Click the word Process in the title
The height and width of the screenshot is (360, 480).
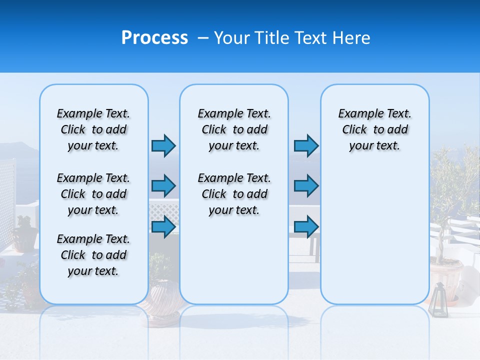pyautogui.click(x=154, y=38)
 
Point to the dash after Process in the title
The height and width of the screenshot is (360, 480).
pyautogui.click(x=203, y=38)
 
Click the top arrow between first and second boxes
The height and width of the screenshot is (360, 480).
pyautogui.click(x=163, y=145)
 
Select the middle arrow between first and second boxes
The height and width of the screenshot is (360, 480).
pyautogui.click(x=163, y=186)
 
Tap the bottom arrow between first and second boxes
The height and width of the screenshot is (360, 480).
pyautogui.click(x=163, y=227)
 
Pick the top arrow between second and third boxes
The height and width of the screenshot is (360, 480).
pyautogui.click(x=306, y=145)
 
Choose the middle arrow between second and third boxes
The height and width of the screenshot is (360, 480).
pyautogui.click(x=306, y=186)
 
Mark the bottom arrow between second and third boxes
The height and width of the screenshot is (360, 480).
pyautogui.click(x=306, y=227)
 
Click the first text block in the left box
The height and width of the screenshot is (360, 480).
pyautogui.click(x=93, y=129)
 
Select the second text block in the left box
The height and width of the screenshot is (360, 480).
pyautogui.click(x=93, y=194)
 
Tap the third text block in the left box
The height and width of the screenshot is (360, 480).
pyautogui.click(x=93, y=255)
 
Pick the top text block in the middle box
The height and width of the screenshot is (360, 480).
pyautogui.click(x=234, y=129)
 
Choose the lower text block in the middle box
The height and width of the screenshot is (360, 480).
pyautogui.click(x=234, y=194)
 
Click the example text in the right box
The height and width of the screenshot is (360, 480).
pyautogui.click(x=374, y=129)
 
